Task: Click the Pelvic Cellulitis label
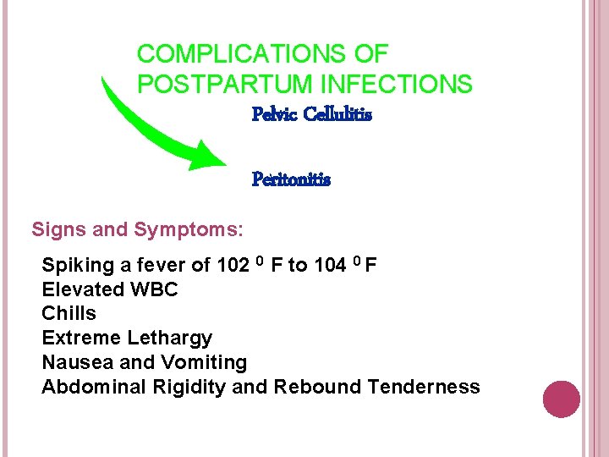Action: (x=312, y=113)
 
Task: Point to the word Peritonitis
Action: (x=291, y=179)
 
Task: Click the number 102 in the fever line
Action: (x=233, y=266)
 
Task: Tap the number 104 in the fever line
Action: (x=330, y=266)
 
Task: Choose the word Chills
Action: (x=69, y=314)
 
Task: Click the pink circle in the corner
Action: (x=562, y=399)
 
